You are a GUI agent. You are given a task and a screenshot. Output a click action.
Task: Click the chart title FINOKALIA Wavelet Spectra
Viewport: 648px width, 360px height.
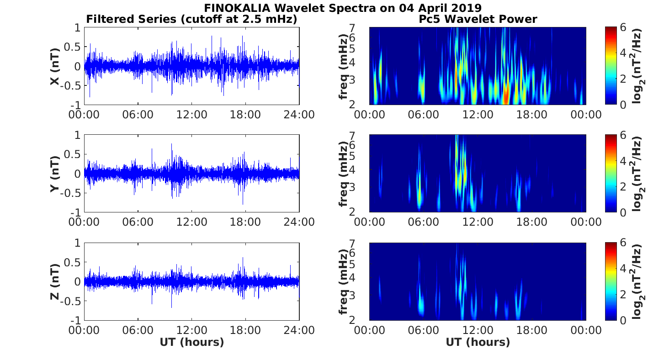coord(342,8)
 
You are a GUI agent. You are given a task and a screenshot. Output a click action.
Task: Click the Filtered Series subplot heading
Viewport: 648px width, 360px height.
coord(191,19)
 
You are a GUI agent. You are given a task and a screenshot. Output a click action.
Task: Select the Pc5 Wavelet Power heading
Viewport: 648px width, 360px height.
coord(478,19)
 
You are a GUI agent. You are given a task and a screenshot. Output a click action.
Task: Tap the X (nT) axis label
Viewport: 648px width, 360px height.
coord(55,66)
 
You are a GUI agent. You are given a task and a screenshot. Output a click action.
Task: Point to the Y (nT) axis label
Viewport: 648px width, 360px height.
coord(55,174)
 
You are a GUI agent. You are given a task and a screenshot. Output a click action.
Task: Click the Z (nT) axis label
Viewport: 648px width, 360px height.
coord(55,281)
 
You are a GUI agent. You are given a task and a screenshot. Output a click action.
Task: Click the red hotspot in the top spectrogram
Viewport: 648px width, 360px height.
coord(506,96)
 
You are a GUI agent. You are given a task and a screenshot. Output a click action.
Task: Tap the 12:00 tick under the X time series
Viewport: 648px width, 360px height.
coord(191,114)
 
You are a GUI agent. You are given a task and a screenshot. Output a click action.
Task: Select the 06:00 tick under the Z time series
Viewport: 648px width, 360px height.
coord(138,329)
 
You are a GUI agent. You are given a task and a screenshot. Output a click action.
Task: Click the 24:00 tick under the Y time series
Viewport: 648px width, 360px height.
coord(299,222)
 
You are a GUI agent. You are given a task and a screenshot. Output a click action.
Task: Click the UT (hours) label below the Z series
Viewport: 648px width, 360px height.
coord(191,342)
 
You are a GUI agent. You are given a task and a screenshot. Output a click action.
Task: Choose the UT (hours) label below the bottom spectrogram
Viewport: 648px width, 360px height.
coord(478,342)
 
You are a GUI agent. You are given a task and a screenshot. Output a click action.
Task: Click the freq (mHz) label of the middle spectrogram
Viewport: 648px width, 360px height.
coord(344,174)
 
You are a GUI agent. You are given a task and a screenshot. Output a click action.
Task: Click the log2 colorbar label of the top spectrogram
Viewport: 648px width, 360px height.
coord(637,66)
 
